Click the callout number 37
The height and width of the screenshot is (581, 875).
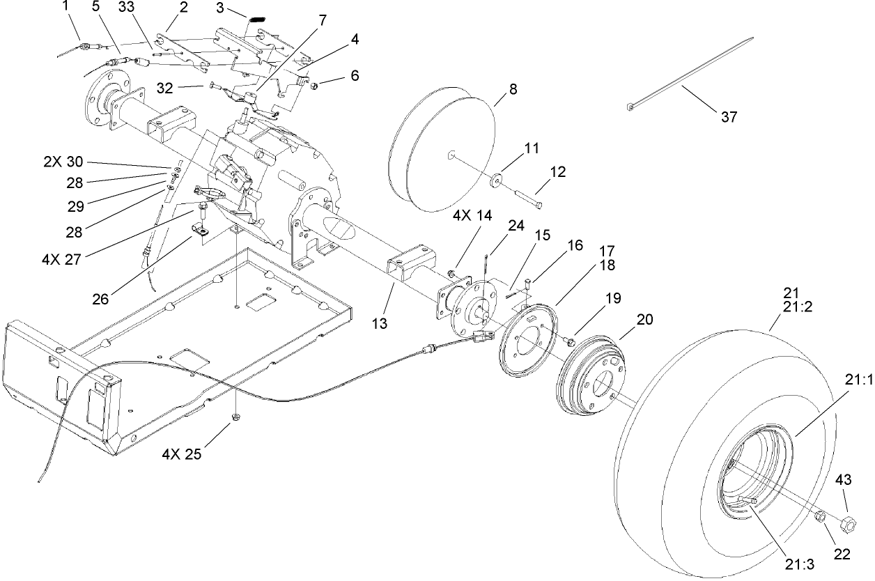[729, 117]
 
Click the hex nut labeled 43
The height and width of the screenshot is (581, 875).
[849, 522]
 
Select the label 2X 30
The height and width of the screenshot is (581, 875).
[63, 162]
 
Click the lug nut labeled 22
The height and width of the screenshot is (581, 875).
[821, 517]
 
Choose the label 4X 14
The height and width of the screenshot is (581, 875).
[473, 215]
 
